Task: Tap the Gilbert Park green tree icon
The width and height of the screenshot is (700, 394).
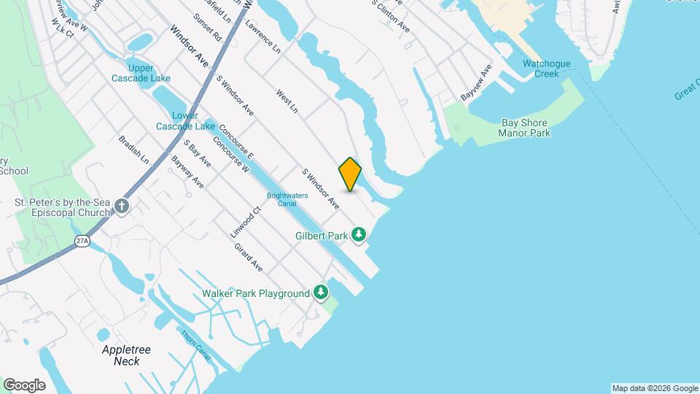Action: pyautogui.click(x=359, y=234)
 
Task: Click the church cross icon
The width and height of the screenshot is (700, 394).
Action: pyautogui.click(x=121, y=206)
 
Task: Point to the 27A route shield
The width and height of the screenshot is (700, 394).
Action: pyautogui.click(x=82, y=241)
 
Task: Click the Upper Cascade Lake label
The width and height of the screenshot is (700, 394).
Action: pyautogui.click(x=131, y=73)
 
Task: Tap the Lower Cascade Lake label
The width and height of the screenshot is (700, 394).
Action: pyautogui.click(x=184, y=120)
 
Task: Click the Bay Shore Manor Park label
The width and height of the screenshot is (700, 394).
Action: pyautogui.click(x=524, y=128)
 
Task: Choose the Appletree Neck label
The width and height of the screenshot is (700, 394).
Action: pyautogui.click(x=126, y=355)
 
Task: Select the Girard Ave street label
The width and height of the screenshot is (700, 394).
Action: pyautogui.click(x=248, y=258)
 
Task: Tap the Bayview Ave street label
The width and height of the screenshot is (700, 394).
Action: pyautogui.click(x=476, y=82)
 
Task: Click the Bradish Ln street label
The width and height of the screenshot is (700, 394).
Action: pyautogui.click(x=133, y=149)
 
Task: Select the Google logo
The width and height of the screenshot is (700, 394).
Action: pyautogui.click(x=24, y=385)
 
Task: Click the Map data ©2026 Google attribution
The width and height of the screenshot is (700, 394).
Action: pyautogui.click(x=654, y=388)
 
